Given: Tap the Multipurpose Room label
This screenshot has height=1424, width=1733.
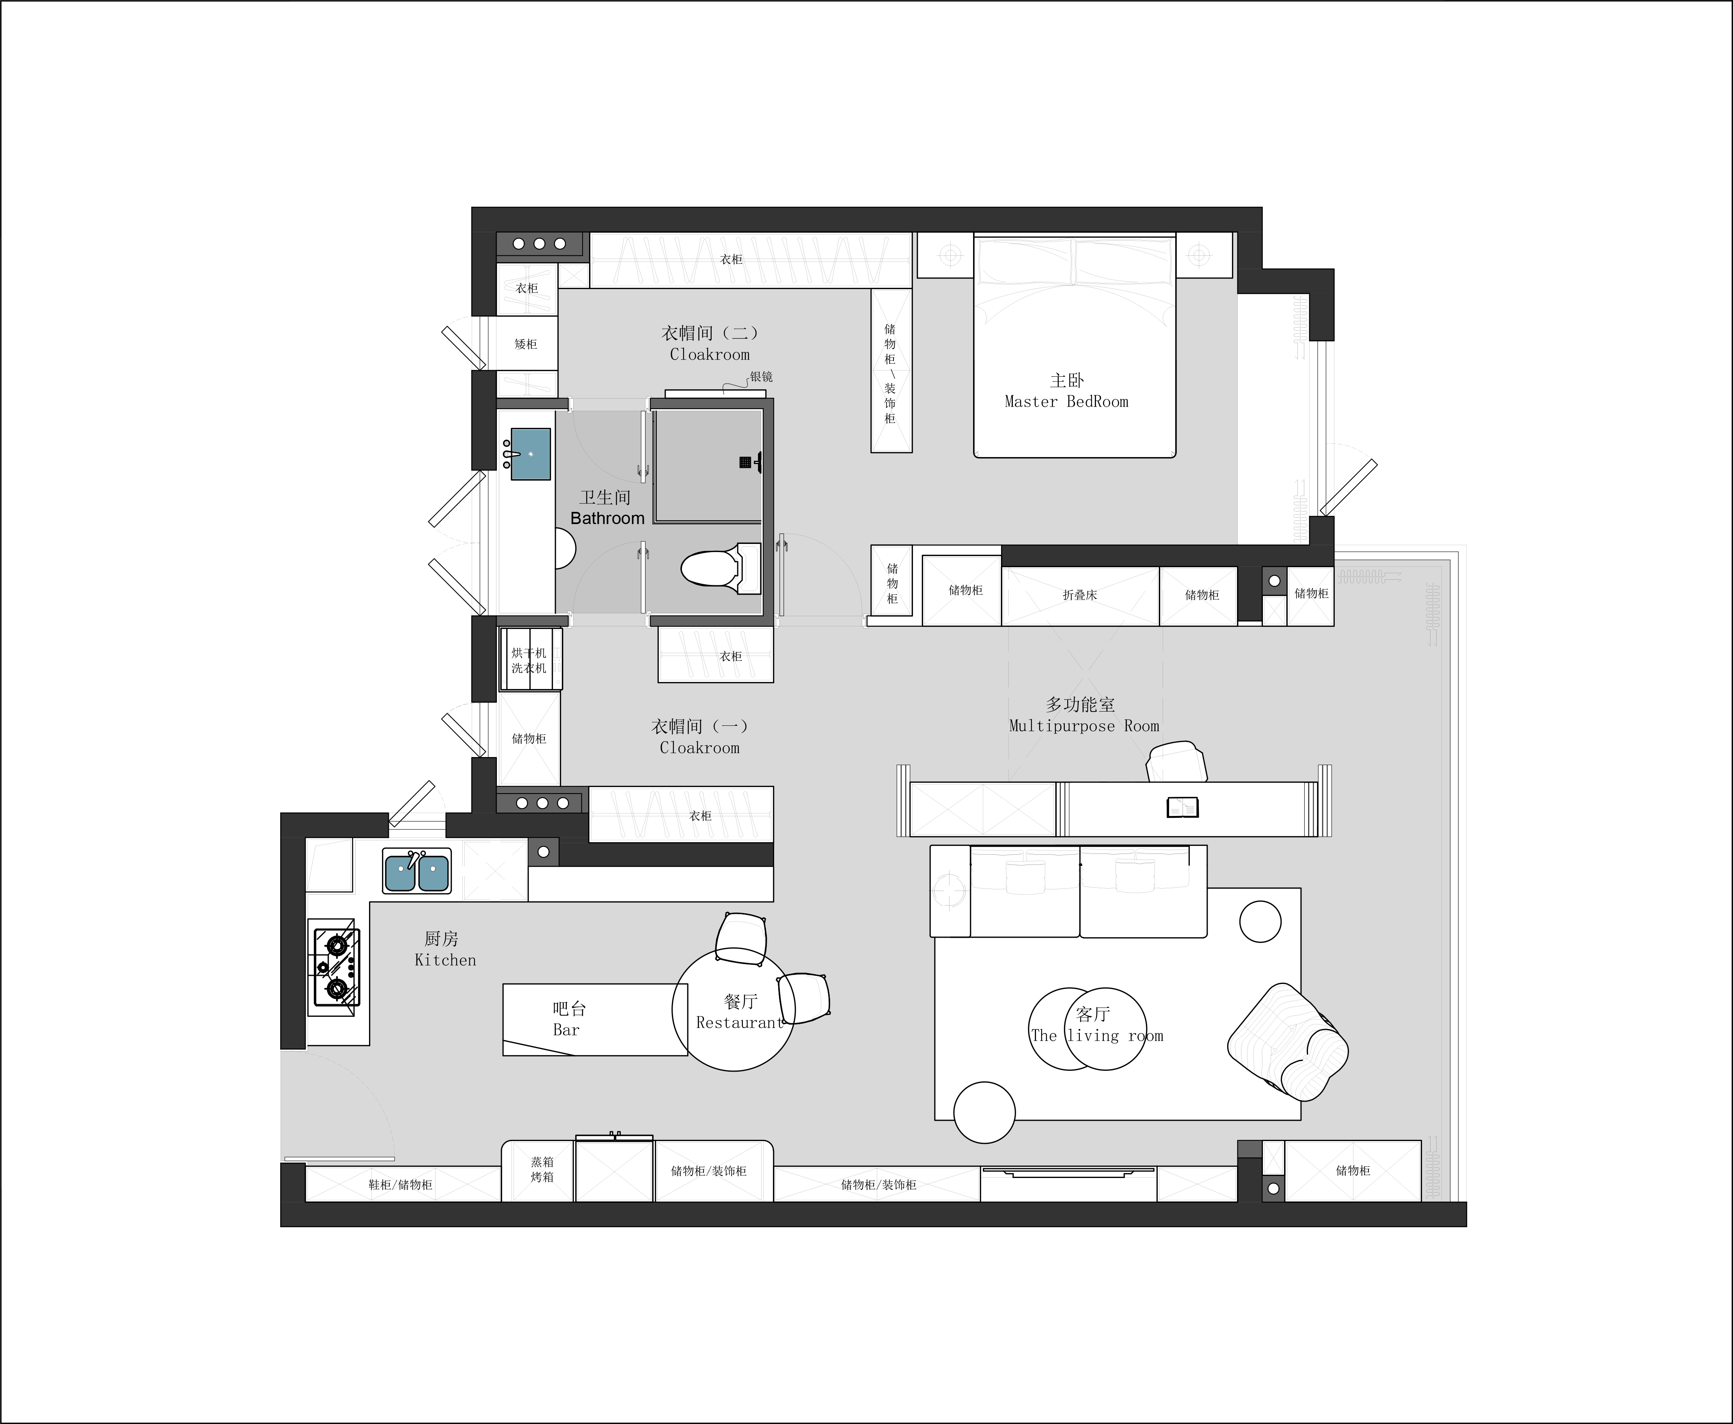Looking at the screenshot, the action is (1083, 726).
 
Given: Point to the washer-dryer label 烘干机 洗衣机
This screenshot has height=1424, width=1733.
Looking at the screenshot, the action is (529, 660).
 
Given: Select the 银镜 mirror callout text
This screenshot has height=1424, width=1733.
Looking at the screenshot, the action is (761, 377).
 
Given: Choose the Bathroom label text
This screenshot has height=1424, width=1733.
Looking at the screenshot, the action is (607, 518).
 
